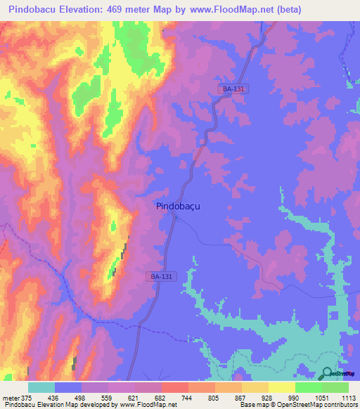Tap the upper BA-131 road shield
tap(233, 89)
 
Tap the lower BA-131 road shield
tap(161, 277)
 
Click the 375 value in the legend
tap(27, 398)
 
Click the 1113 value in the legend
tap(349, 398)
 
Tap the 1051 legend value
tap(322, 398)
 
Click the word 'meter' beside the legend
tap(10, 398)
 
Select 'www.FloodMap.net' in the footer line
tap(148, 405)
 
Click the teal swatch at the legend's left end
tap(41, 387)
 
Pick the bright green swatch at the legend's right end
tap(335, 387)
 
